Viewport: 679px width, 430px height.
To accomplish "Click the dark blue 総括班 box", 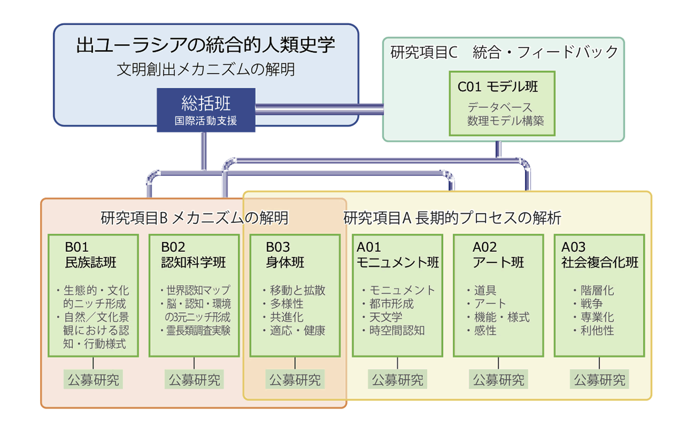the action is coord(206,110).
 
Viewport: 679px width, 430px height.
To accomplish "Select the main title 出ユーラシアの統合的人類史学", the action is coord(205,45).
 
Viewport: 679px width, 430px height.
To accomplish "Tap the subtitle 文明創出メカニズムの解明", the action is coord(205,70).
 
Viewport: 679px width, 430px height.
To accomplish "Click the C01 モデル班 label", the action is coord(497,87).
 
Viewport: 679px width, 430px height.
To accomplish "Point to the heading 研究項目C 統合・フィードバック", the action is coord(504,52).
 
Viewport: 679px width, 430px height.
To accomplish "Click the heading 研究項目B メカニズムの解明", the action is coord(194,218).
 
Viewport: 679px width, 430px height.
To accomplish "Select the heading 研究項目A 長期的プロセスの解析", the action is coord(452,218).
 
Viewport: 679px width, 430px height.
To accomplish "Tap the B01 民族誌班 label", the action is coord(91,255).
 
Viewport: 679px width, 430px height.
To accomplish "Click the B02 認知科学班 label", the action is coord(193,255).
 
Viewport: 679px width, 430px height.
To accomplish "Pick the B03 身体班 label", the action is coord(285,255).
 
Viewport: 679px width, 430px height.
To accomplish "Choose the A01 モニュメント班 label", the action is coord(398,255).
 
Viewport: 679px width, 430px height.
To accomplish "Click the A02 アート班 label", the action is coord(498,255).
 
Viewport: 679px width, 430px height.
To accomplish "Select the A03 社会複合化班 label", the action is coord(600,255).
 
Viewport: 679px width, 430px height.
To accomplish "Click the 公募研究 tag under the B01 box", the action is coord(93,380).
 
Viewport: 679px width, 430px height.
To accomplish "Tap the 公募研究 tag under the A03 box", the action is coord(599,380).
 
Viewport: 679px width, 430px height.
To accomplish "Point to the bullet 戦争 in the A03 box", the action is coord(591,304).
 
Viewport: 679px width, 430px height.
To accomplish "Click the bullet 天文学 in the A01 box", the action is coord(385,317).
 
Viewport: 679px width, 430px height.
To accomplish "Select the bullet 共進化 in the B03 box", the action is coord(286,317).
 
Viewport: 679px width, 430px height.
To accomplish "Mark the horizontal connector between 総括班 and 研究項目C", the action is coord(319,109).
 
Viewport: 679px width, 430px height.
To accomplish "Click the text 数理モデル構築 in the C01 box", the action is coord(505,121).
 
